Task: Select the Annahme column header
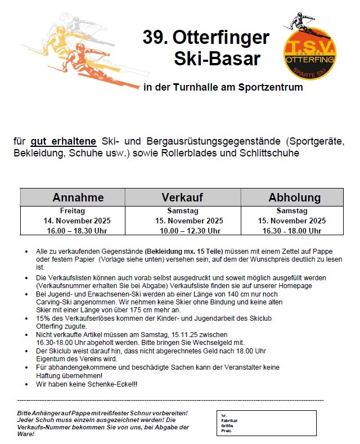pyautogui.click(x=78, y=198)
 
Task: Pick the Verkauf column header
pyautogui.click(x=182, y=198)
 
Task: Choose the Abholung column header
pyautogui.click(x=294, y=198)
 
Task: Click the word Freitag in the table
pyautogui.click(x=78, y=211)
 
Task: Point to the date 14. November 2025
pyautogui.click(x=78, y=221)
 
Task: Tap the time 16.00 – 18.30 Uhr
pyautogui.click(x=78, y=231)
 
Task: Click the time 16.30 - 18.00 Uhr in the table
pyautogui.click(x=292, y=231)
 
